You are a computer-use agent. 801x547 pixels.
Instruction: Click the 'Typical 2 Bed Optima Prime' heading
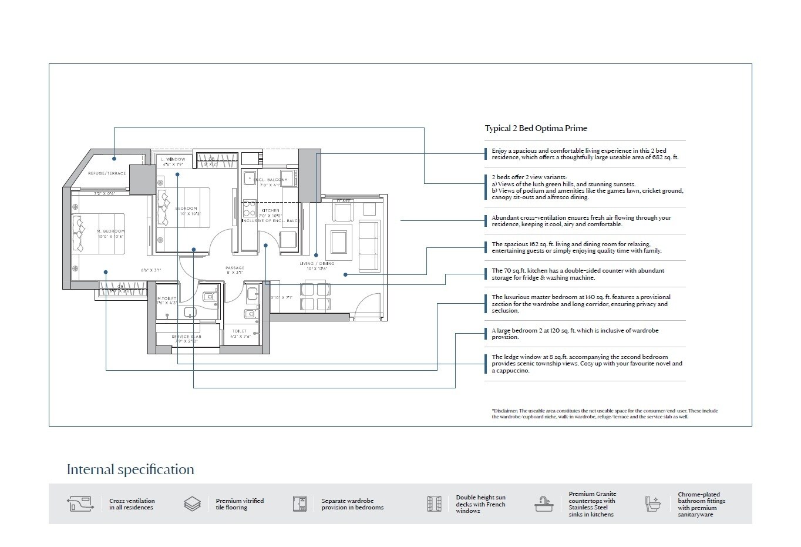tap(536, 128)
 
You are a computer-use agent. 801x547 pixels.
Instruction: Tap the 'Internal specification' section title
tap(130, 469)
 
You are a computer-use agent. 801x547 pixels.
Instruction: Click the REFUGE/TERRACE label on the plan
tap(107, 173)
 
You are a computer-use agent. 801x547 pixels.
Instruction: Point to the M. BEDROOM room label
tap(111, 231)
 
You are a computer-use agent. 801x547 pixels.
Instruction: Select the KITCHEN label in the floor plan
tap(270, 210)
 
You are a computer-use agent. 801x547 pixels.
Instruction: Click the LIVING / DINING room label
tap(317, 263)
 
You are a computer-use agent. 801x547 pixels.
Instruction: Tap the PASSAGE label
tap(234, 268)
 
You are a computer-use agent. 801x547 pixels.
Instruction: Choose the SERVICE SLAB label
tap(186, 337)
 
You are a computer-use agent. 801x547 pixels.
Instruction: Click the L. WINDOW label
tap(173, 159)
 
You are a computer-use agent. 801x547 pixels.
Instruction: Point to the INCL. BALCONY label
tap(270, 180)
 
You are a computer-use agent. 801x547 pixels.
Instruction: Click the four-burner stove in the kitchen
tap(249, 209)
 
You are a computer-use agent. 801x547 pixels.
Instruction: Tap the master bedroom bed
tap(99, 233)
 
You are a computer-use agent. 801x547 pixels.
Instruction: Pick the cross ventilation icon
tap(80, 504)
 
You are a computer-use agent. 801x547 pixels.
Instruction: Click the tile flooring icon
tap(192, 504)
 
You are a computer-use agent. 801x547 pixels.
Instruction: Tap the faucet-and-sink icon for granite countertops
tap(544, 504)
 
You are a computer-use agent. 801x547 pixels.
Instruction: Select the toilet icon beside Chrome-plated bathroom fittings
tap(652, 504)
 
